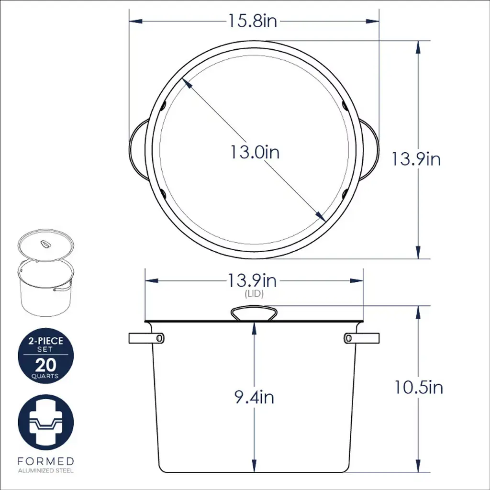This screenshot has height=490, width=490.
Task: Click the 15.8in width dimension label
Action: point(253,21)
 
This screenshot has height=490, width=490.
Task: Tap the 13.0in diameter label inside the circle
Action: point(255,152)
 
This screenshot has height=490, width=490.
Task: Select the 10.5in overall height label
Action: point(419,387)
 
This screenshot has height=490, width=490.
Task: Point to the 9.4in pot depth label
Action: point(255,397)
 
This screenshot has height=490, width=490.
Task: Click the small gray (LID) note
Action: point(254,294)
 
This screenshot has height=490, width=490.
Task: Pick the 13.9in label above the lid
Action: point(253,280)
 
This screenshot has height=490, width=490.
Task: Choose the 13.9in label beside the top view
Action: point(416,159)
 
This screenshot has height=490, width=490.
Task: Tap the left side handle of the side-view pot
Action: point(146,338)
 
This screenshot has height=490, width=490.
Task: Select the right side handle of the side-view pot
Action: point(362,338)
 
